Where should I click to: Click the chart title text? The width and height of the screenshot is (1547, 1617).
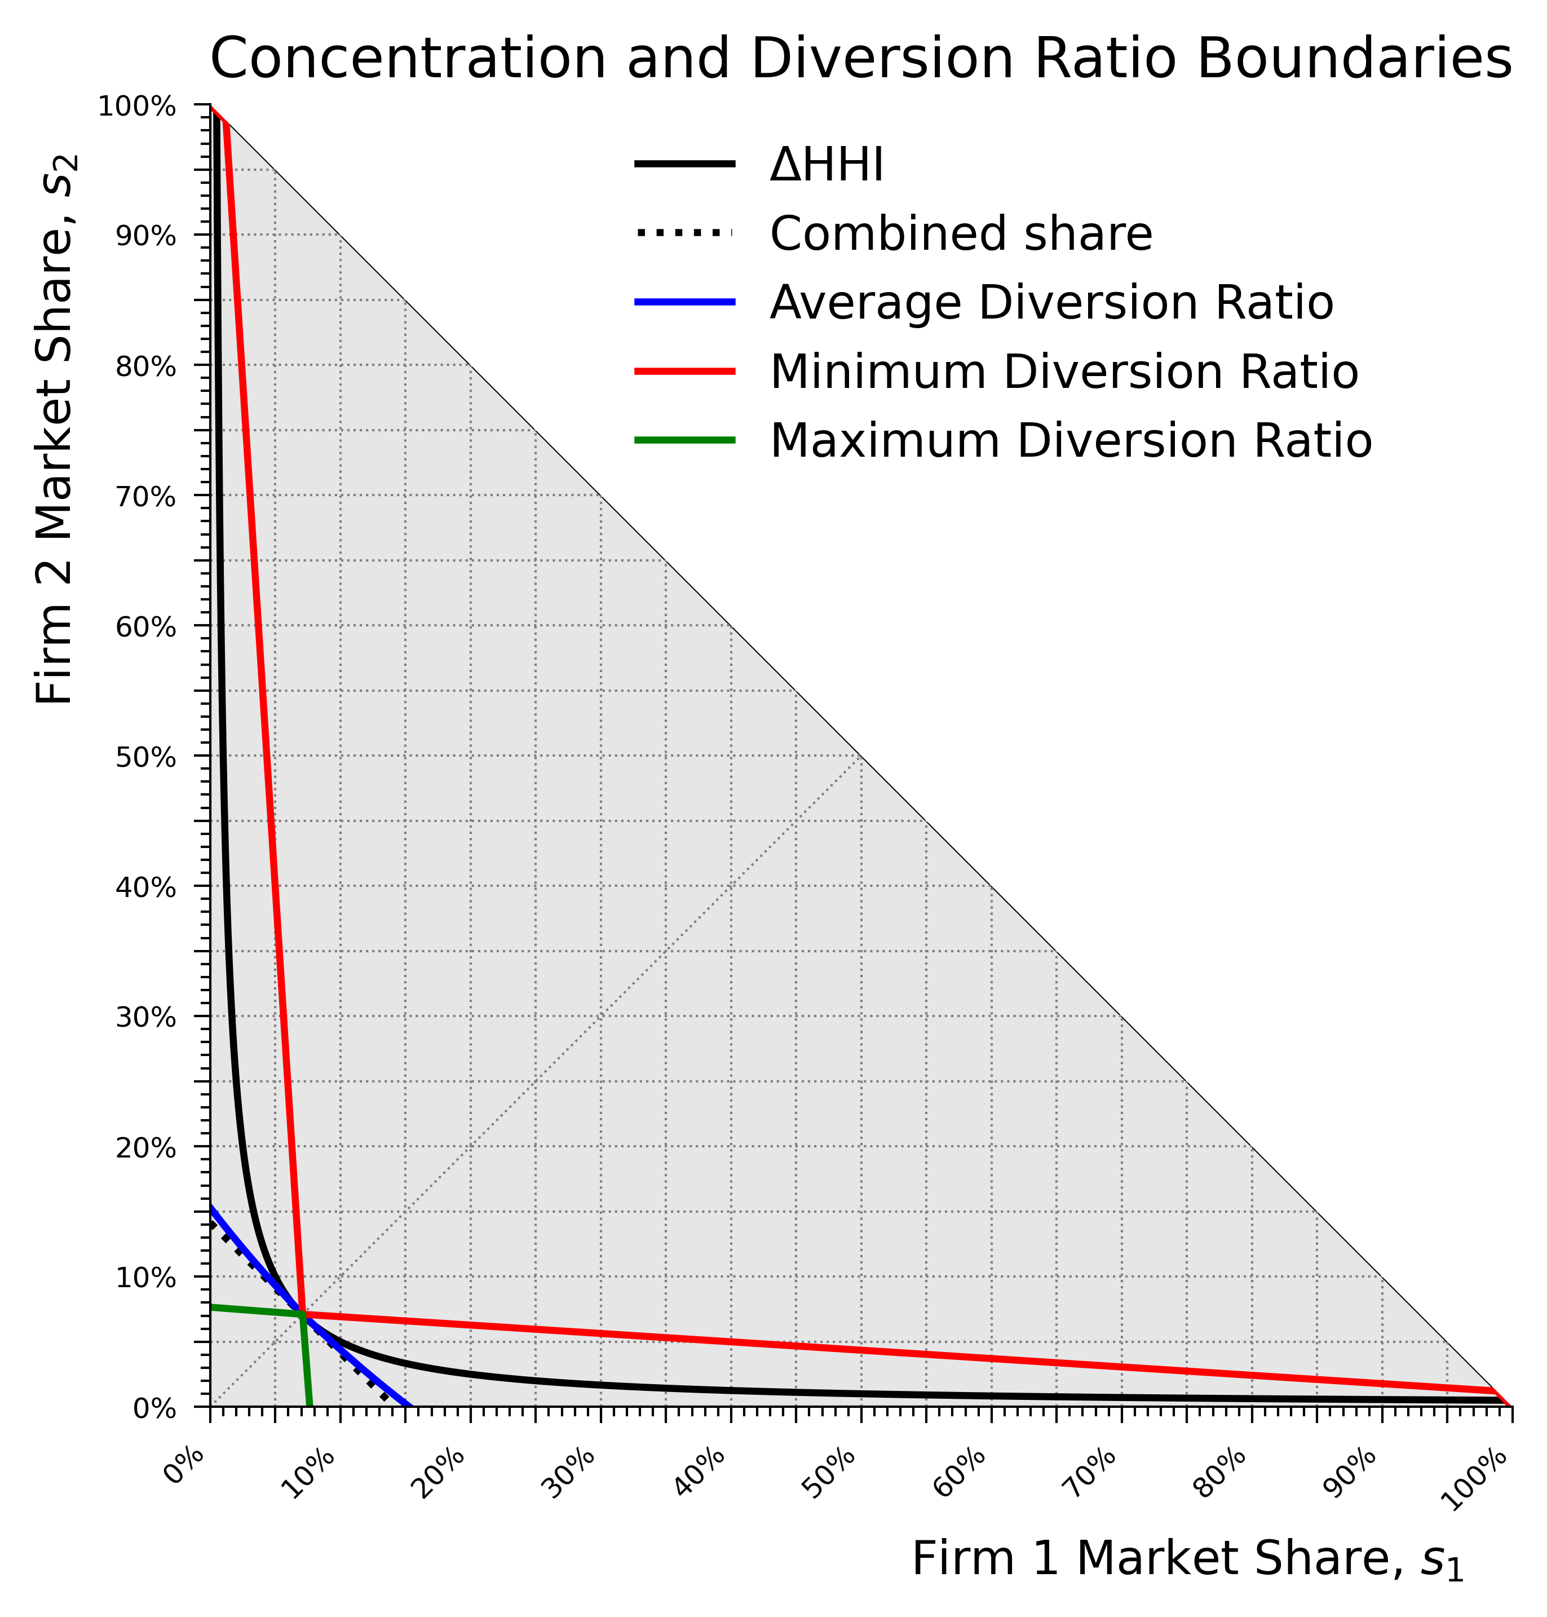point(860,59)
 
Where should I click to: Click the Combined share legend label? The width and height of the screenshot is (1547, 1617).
point(961,233)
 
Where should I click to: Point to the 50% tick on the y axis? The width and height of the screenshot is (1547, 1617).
point(145,758)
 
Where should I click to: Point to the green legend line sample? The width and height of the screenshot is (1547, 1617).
point(684,441)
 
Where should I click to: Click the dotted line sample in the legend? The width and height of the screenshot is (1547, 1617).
point(684,233)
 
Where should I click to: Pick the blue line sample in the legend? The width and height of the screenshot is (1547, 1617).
point(684,303)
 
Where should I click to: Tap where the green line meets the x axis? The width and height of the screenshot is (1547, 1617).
point(310,1406)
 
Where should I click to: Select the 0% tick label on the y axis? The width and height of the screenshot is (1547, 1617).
point(154,1409)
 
